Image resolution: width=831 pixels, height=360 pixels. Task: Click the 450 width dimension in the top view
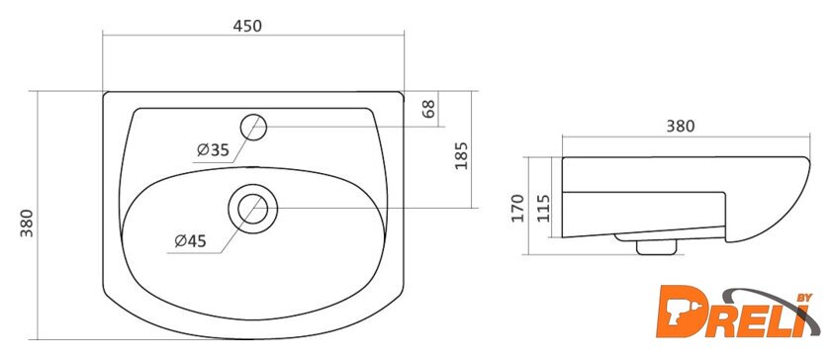[x=247, y=26]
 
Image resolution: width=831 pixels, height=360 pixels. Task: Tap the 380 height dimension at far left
[x=27, y=223]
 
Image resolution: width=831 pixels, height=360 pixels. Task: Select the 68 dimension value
[x=429, y=108]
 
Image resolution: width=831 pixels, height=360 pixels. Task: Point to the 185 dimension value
[x=462, y=155]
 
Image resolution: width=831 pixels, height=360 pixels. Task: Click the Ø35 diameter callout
[x=213, y=150]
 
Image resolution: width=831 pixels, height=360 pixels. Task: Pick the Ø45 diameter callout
[x=190, y=241]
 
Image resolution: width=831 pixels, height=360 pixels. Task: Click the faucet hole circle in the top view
[x=253, y=128]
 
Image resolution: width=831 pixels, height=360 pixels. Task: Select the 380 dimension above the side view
[x=680, y=127]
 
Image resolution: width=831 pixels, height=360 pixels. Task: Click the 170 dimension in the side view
[x=517, y=208]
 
